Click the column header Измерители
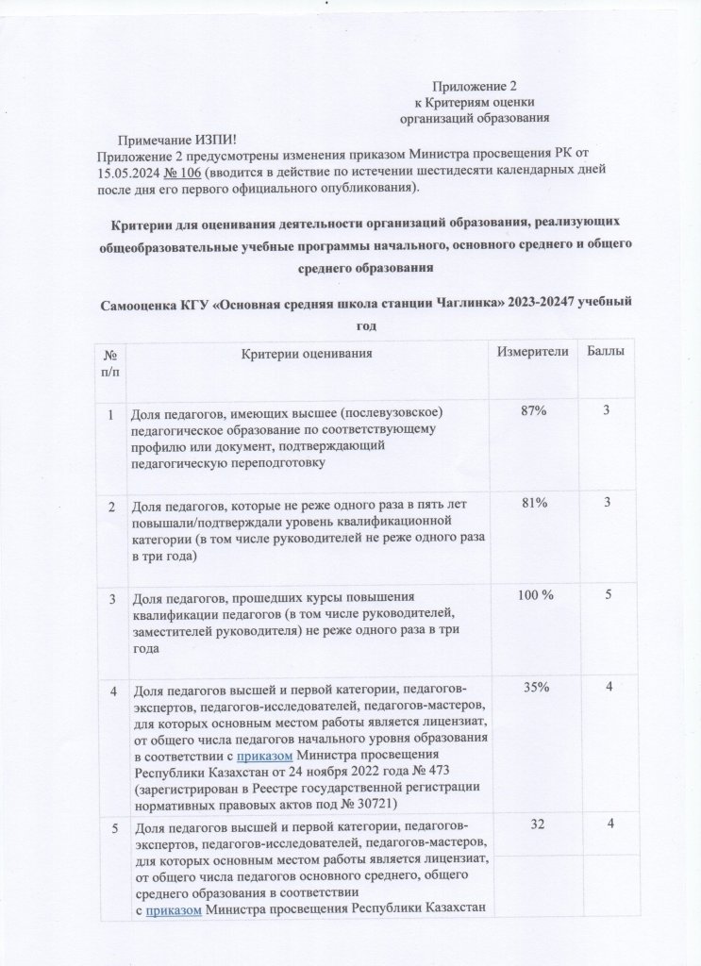[537, 352]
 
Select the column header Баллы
[609, 352]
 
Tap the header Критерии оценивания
[307, 353]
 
